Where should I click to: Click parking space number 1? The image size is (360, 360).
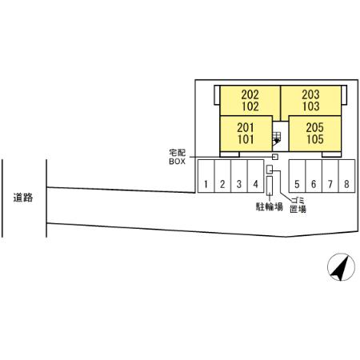click(x=206, y=176)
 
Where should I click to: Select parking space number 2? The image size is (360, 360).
click(x=222, y=176)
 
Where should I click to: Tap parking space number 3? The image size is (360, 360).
click(x=239, y=176)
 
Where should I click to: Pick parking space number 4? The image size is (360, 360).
click(x=255, y=176)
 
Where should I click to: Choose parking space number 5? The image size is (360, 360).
click(x=297, y=176)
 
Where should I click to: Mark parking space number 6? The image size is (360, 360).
click(x=314, y=176)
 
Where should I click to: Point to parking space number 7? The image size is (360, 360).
click(x=330, y=176)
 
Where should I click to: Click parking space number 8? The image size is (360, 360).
click(x=346, y=176)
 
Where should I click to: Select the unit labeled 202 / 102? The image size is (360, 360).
click(x=250, y=101)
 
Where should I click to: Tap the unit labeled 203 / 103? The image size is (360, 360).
click(x=311, y=101)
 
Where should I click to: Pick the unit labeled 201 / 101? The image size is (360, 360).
click(x=246, y=134)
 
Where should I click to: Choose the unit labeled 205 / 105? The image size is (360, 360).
click(x=315, y=134)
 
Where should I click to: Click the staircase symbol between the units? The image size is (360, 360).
click(x=276, y=138)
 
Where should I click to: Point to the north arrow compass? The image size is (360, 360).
click(x=341, y=267)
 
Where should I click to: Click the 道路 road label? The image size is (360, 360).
click(x=23, y=198)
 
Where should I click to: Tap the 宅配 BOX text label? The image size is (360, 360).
click(x=177, y=157)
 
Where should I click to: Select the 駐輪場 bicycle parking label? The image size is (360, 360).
click(x=270, y=206)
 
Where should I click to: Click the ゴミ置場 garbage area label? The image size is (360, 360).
click(x=298, y=205)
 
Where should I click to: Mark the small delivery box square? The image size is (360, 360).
click(x=275, y=157)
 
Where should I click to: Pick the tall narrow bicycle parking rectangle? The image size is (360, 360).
click(x=270, y=185)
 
